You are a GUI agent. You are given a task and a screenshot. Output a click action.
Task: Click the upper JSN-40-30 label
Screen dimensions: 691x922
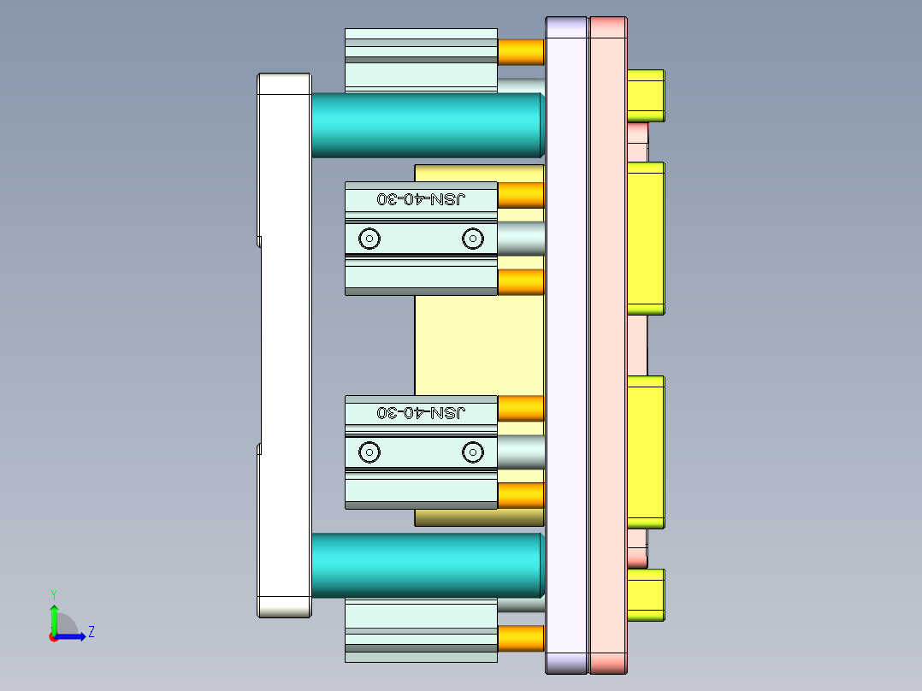click(422, 198)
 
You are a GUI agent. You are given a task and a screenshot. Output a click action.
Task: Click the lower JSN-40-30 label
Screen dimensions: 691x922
click(422, 412)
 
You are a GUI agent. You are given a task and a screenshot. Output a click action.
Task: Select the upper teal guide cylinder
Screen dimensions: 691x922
click(426, 125)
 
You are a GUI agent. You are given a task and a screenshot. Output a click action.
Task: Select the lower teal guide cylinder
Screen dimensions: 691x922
click(426, 564)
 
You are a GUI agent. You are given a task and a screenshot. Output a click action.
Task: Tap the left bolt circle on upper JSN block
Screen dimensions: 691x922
click(369, 239)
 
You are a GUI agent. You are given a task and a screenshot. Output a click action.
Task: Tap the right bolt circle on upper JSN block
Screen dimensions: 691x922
click(472, 239)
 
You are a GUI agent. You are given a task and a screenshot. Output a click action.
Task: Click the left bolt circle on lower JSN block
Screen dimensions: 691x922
click(369, 452)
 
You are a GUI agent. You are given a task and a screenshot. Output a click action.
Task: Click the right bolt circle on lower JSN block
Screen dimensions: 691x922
click(472, 452)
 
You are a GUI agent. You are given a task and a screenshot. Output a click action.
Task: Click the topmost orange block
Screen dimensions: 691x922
click(521, 52)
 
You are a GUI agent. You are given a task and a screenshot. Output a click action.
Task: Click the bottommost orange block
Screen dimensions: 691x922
click(521, 638)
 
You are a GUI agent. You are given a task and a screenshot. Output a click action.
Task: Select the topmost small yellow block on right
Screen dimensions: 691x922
click(646, 95)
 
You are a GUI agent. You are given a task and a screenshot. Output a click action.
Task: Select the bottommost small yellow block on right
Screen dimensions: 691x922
click(646, 594)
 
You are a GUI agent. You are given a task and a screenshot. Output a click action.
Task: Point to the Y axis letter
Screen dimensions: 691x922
click(53, 594)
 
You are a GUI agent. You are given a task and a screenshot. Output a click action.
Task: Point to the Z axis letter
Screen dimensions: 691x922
click(91, 632)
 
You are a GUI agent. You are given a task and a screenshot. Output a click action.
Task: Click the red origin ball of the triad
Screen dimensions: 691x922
click(53, 636)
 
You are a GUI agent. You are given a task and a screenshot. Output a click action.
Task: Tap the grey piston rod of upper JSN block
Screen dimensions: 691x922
click(520, 239)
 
